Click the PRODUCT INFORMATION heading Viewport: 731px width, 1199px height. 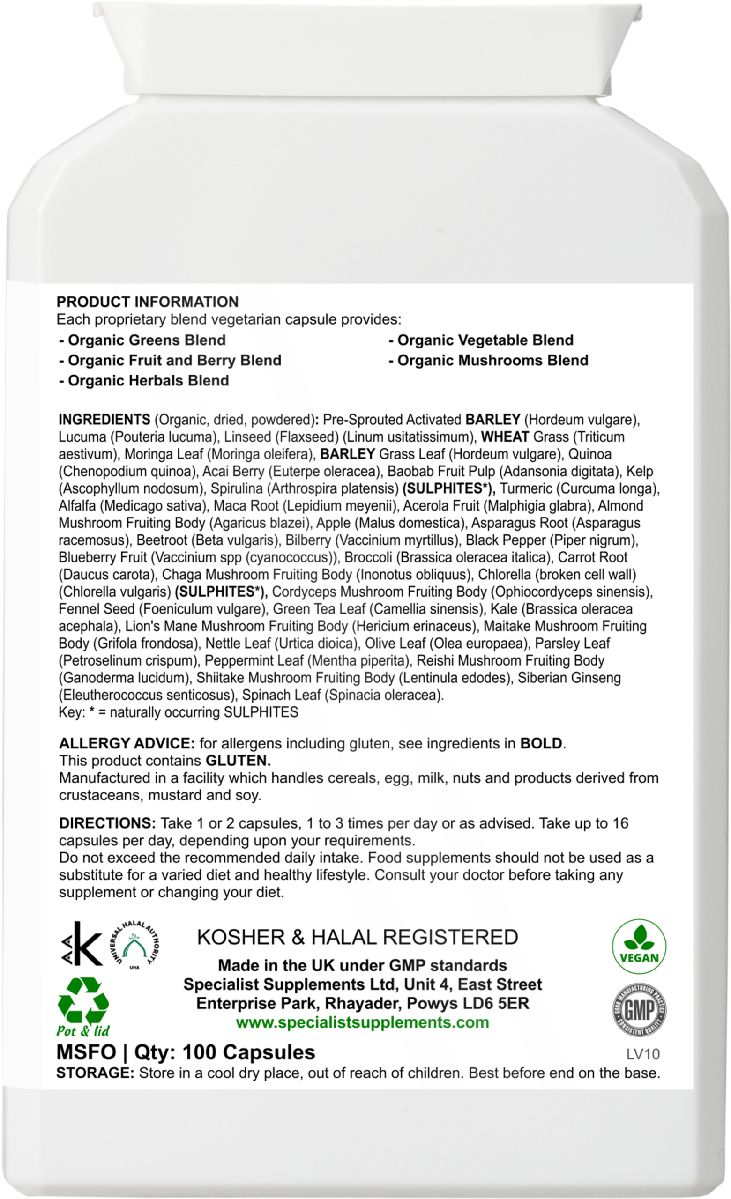click(x=148, y=302)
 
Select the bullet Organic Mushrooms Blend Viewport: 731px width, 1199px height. click(x=488, y=360)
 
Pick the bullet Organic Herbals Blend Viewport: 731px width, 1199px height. click(x=143, y=380)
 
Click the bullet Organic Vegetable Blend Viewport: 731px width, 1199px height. click(x=481, y=340)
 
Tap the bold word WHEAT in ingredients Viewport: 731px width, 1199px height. click(x=505, y=437)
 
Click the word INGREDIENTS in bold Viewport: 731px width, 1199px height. click(x=104, y=419)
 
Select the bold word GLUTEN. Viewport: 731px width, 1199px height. click(x=238, y=760)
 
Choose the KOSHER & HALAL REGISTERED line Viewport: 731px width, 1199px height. click(x=358, y=937)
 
